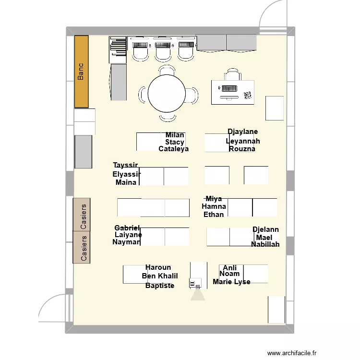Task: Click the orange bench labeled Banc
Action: point(81,72)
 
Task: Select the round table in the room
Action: point(167,94)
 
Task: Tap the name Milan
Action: point(175,135)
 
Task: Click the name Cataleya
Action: point(173,149)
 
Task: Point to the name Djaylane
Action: point(242,132)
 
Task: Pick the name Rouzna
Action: point(242,149)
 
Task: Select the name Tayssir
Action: point(126,166)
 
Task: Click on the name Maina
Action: point(126,182)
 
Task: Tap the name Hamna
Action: point(214,206)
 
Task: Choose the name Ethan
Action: point(214,215)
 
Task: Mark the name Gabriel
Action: point(127,228)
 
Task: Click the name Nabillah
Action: point(265,244)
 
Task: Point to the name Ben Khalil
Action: point(160,276)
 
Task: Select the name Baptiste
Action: point(160,286)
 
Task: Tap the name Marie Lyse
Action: point(231,282)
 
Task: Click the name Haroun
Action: point(158,267)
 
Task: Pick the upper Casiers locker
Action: point(82,215)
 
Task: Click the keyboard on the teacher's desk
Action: point(228,88)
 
